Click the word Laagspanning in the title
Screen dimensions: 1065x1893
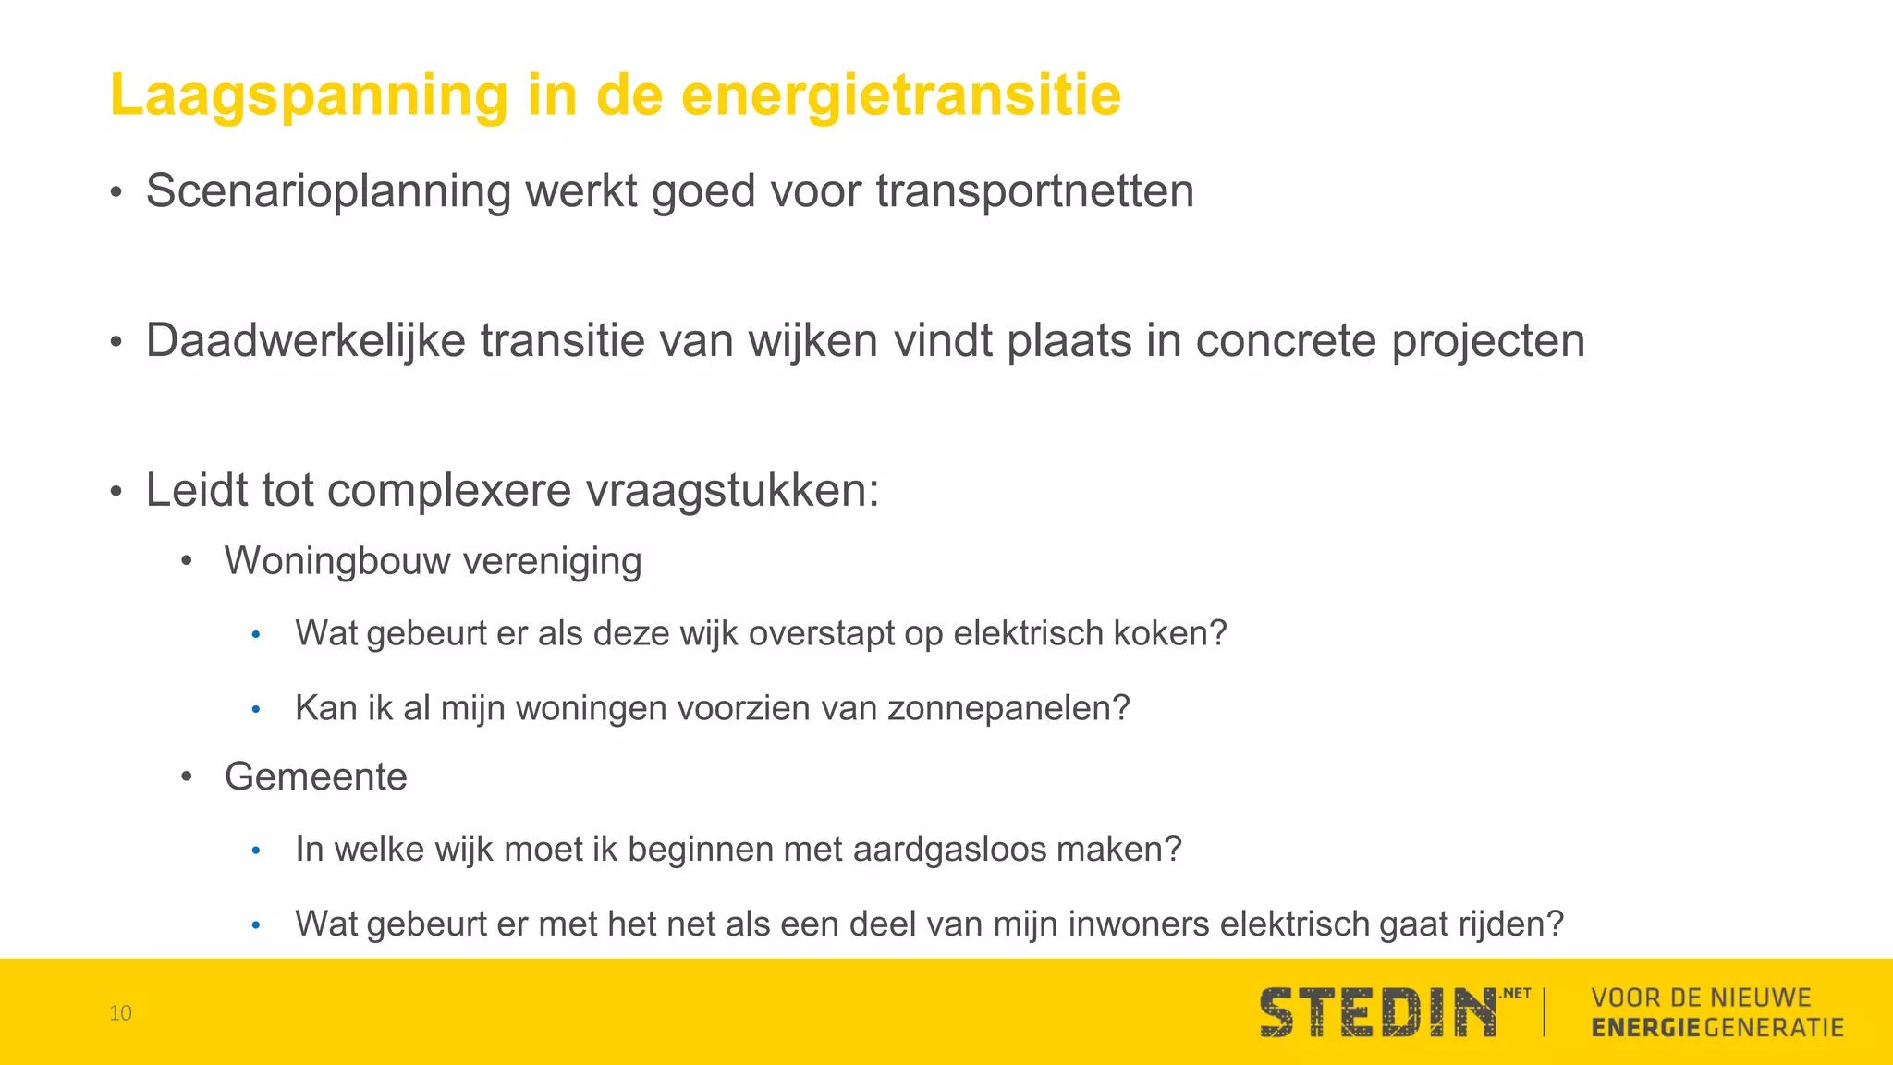(309, 96)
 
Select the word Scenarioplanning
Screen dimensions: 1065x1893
(328, 192)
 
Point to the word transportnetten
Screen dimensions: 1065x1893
(1034, 192)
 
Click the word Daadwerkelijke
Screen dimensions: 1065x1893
(305, 340)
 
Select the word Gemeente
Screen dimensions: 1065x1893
(315, 777)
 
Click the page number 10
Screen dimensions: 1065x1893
(120, 1013)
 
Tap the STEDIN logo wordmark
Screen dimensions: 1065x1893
(1377, 1013)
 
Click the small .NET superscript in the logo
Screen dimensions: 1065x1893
(1515, 994)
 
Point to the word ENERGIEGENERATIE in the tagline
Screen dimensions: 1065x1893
(1717, 1028)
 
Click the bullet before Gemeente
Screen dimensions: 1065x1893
(187, 777)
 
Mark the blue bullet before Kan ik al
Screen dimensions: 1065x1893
(257, 709)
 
